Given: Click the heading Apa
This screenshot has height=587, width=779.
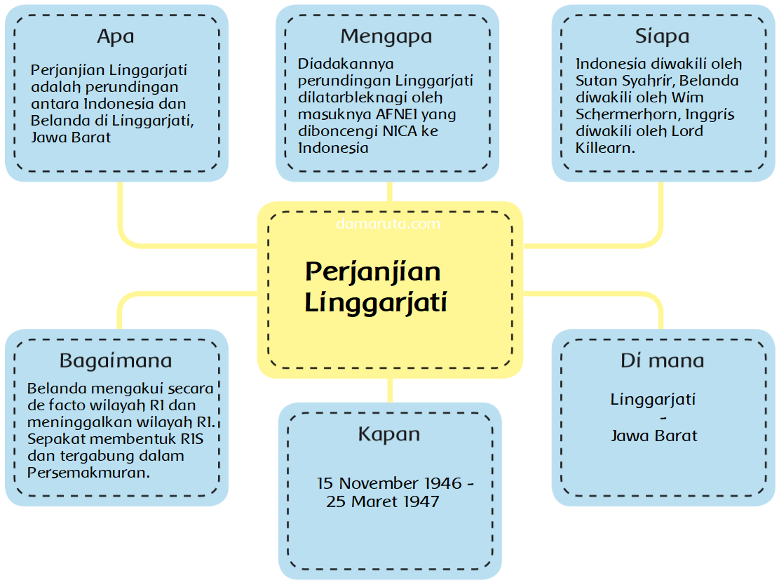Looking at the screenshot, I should click(116, 36).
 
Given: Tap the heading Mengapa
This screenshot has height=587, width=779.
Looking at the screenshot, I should click(386, 36).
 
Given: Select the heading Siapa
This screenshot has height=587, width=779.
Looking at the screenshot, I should click(662, 36).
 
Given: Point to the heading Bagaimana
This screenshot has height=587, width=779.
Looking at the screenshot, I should click(116, 360).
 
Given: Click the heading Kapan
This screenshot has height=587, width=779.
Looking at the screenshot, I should click(389, 434).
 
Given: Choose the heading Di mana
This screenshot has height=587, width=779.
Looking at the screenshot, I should click(662, 360).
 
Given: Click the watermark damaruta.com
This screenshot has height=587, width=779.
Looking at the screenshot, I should click(388, 224).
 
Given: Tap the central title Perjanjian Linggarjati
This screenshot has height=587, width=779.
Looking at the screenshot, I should click(375, 288).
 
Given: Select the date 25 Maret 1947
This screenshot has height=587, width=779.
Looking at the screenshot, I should click(383, 501).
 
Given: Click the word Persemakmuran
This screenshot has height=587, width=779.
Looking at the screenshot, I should click(89, 472).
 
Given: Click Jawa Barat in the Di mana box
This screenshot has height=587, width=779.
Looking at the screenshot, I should click(654, 435).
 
